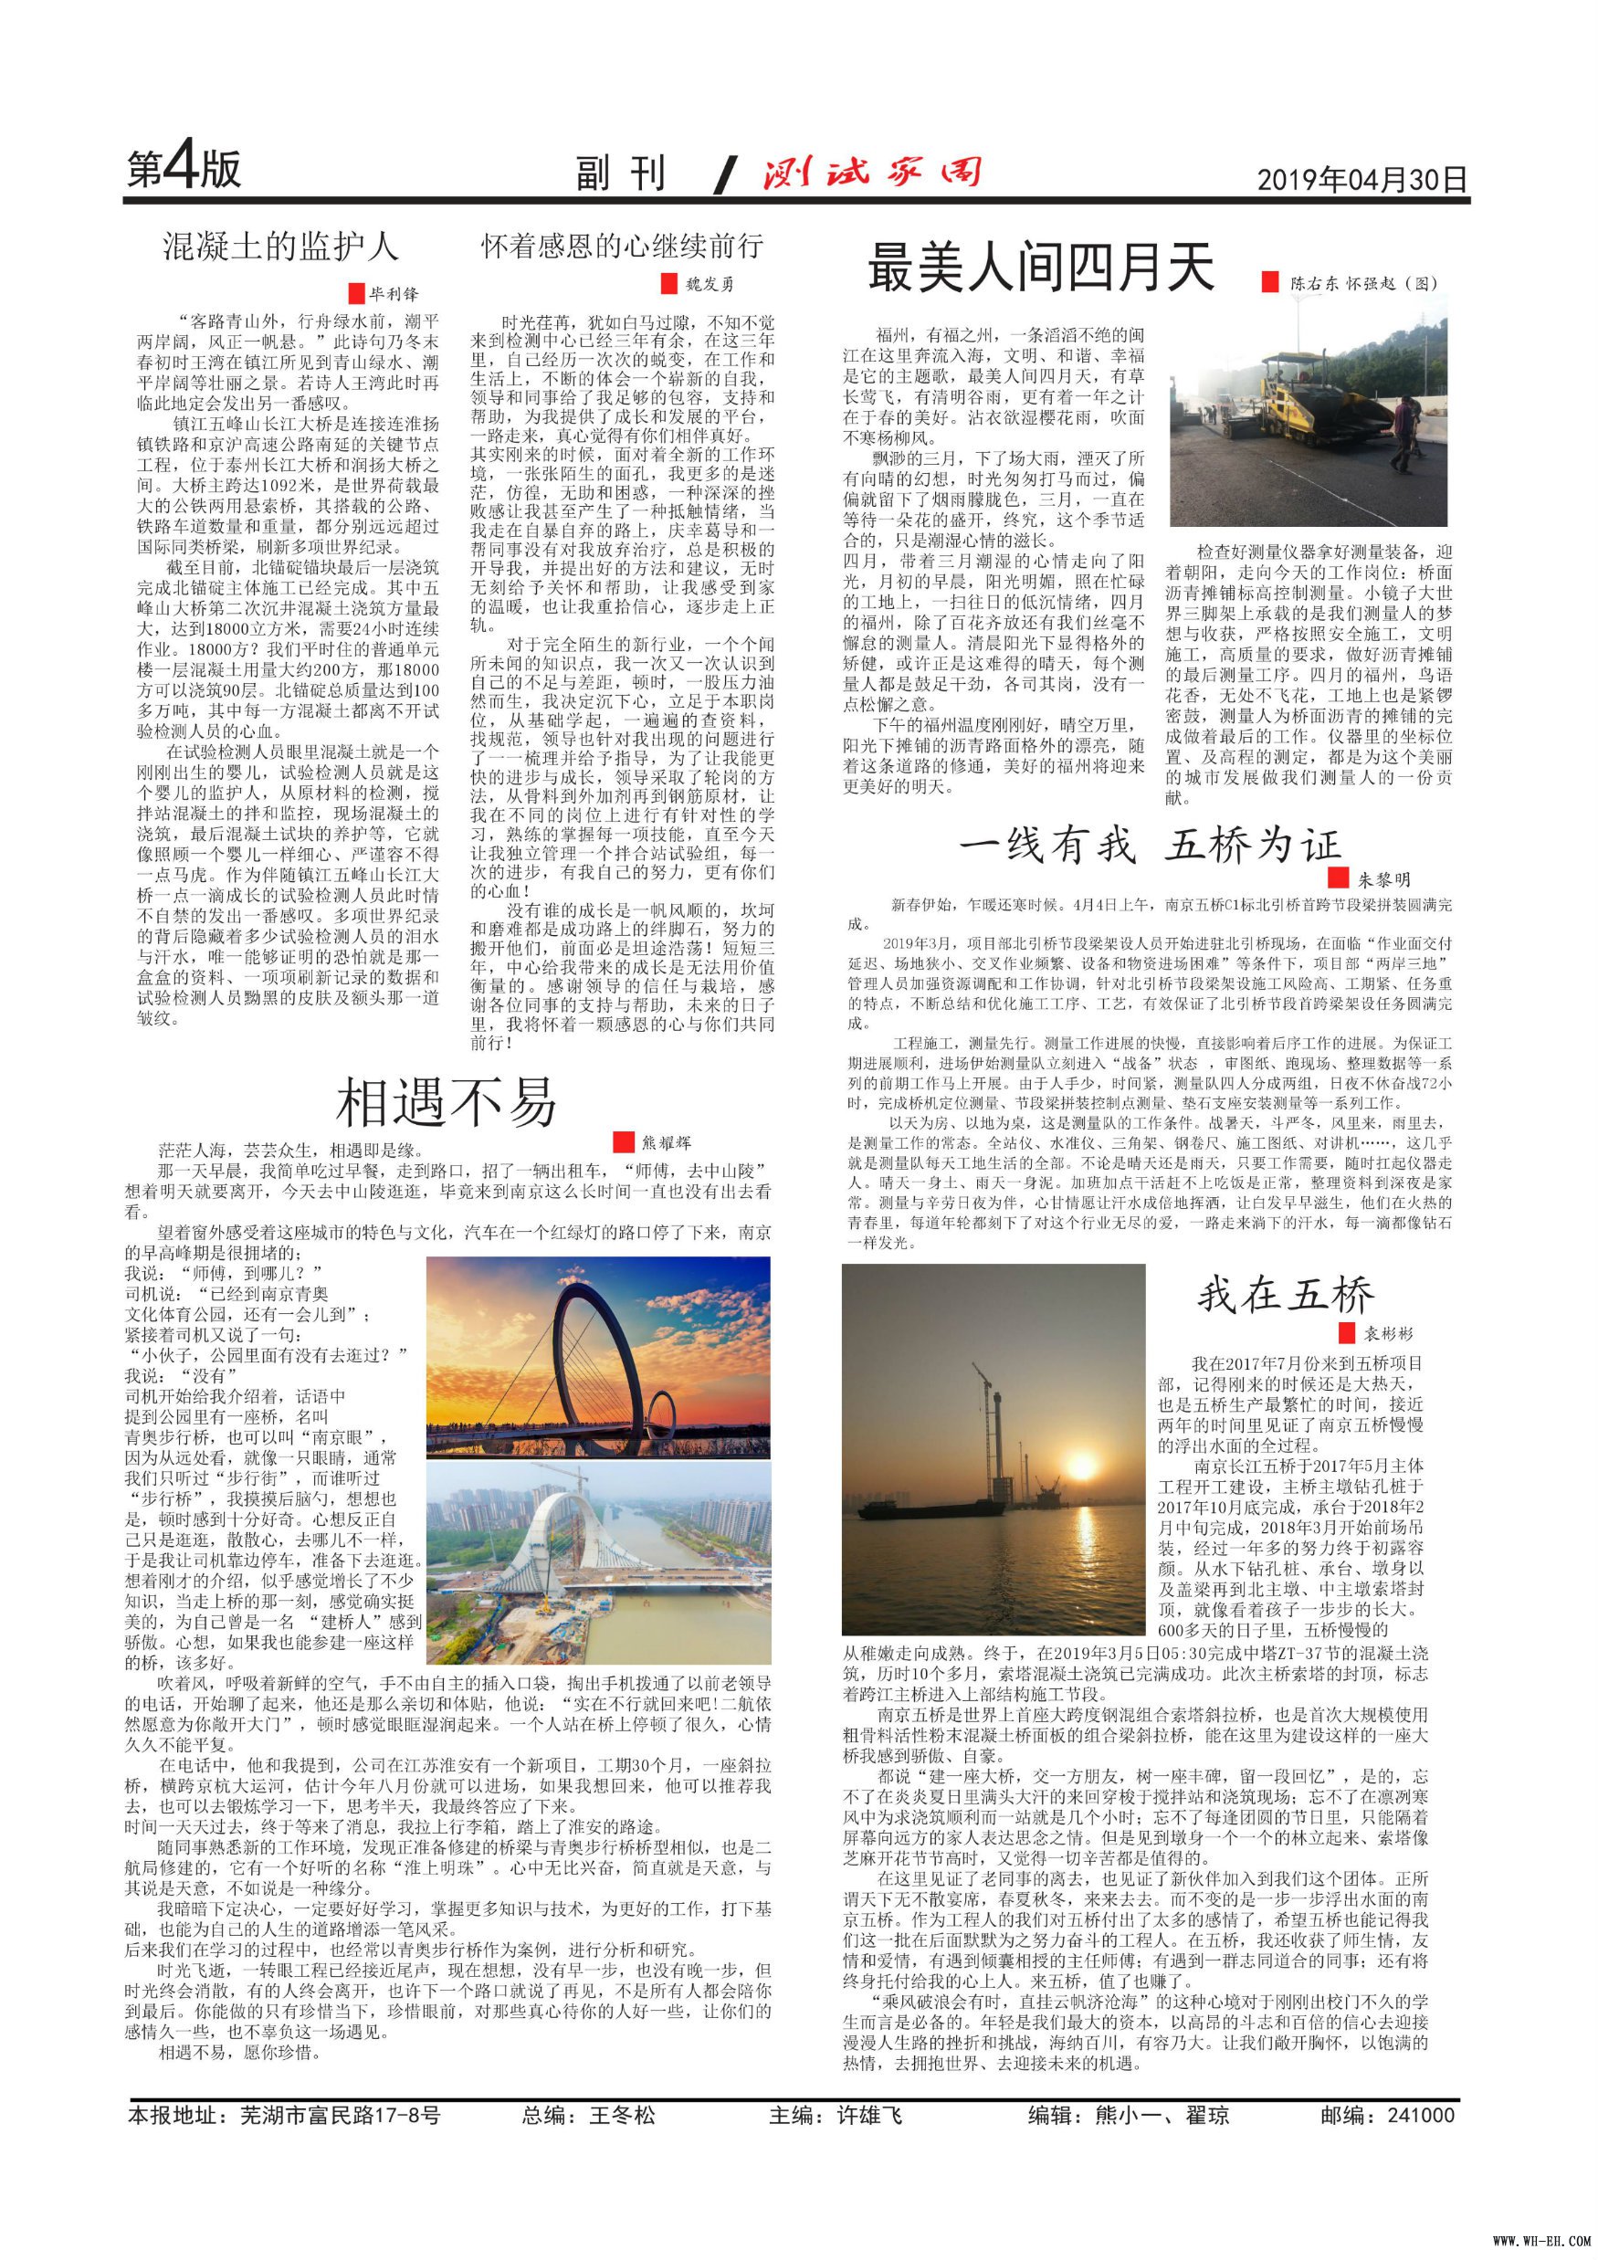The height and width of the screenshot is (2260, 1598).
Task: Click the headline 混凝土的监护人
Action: pyautogui.click(x=280, y=246)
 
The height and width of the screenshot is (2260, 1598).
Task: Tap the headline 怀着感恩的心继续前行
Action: pyautogui.click(x=622, y=246)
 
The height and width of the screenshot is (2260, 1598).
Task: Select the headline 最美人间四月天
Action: pyautogui.click(x=1040, y=268)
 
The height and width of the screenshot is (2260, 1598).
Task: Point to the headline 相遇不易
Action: pyautogui.click(x=447, y=1102)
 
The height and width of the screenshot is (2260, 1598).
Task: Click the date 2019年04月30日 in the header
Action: pyautogui.click(x=1361, y=179)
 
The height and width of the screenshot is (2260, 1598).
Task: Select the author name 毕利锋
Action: pyautogui.click(x=394, y=293)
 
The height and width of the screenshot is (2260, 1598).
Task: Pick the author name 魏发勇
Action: pyautogui.click(x=710, y=285)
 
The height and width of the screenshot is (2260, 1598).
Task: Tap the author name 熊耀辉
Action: pyautogui.click(x=667, y=1141)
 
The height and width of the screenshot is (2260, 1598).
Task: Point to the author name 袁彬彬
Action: pyautogui.click(x=1388, y=1334)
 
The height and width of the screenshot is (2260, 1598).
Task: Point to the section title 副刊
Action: pyautogui.click(x=621, y=174)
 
